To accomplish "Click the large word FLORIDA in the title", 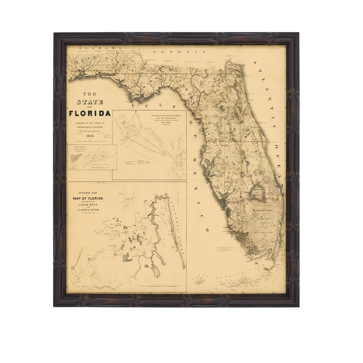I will tap(90, 113).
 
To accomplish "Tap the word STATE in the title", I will tap(90, 102).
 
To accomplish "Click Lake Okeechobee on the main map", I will tap(257, 193).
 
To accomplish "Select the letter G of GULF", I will tap(134, 104).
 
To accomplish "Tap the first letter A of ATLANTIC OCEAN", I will tap(255, 62).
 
